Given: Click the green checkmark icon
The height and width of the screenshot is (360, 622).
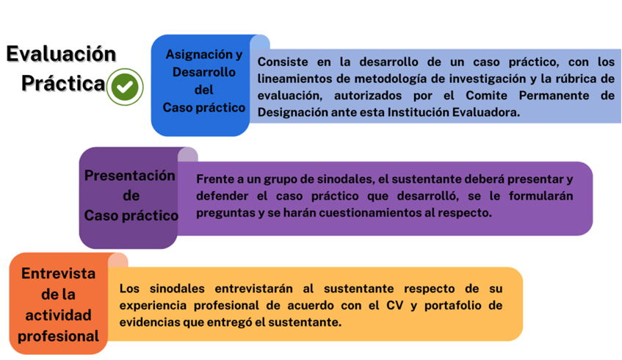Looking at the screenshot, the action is coord(125,87).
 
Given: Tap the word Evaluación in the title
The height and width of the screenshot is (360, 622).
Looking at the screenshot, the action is coord(61,54).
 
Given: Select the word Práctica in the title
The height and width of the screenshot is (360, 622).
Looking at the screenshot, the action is coord(63,83).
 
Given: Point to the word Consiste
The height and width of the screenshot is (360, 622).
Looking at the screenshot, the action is coord(283,62).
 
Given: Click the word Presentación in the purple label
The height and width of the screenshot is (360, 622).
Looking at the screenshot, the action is coord(130,176).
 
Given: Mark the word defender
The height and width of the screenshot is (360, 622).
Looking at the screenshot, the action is coord(222,196).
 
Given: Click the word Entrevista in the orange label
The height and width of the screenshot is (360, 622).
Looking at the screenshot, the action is coord(58,273).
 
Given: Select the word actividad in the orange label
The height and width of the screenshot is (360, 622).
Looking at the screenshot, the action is coord(58,315).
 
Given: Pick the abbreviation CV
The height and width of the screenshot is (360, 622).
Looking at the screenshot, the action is coord(394,305).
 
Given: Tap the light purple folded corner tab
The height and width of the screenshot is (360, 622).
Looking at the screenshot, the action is coord(188,154).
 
